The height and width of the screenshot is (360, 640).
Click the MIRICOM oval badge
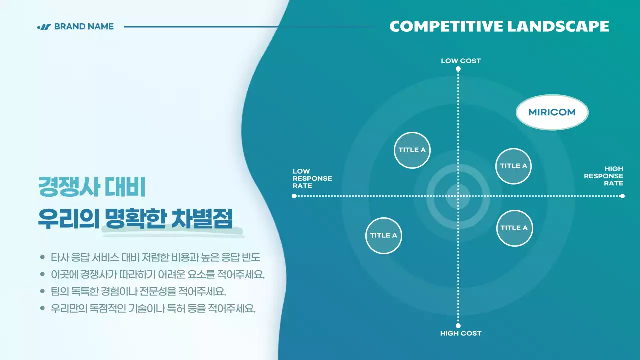pyautogui.click(x=552, y=112)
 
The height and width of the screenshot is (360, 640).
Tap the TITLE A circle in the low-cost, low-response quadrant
pyautogui.click(x=412, y=150)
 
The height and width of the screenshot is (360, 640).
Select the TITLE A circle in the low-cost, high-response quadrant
pyautogui.click(x=513, y=166)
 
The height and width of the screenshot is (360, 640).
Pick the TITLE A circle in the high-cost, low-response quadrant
pyautogui.click(x=384, y=235)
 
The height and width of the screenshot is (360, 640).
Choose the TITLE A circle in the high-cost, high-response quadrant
pyautogui.click(x=514, y=228)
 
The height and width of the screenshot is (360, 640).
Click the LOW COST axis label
pyautogui.click(x=460, y=61)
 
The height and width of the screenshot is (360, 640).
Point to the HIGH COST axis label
pyautogui.click(x=460, y=333)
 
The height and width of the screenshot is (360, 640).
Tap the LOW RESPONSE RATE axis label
pyautogui.click(x=312, y=178)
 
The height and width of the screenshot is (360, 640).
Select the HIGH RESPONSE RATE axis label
pyautogui.click(x=604, y=176)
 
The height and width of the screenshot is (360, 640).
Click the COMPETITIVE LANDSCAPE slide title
pyautogui.click(x=499, y=26)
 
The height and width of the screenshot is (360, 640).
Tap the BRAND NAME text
pyautogui.click(x=84, y=27)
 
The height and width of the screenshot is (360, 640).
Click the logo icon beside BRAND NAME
pyautogui.click(x=44, y=27)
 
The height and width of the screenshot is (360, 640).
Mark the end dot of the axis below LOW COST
pyautogui.click(x=458, y=69)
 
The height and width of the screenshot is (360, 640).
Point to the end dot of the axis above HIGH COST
pyautogui.click(x=458, y=325)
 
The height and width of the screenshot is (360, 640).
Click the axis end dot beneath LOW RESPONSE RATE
pyautogui.click(x=294, y=196)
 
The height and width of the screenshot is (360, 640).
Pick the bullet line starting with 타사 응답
pyautogui.click(x=155, y=258)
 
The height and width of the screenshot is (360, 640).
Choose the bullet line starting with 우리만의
pyautogui.click(x=153, y=308)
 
